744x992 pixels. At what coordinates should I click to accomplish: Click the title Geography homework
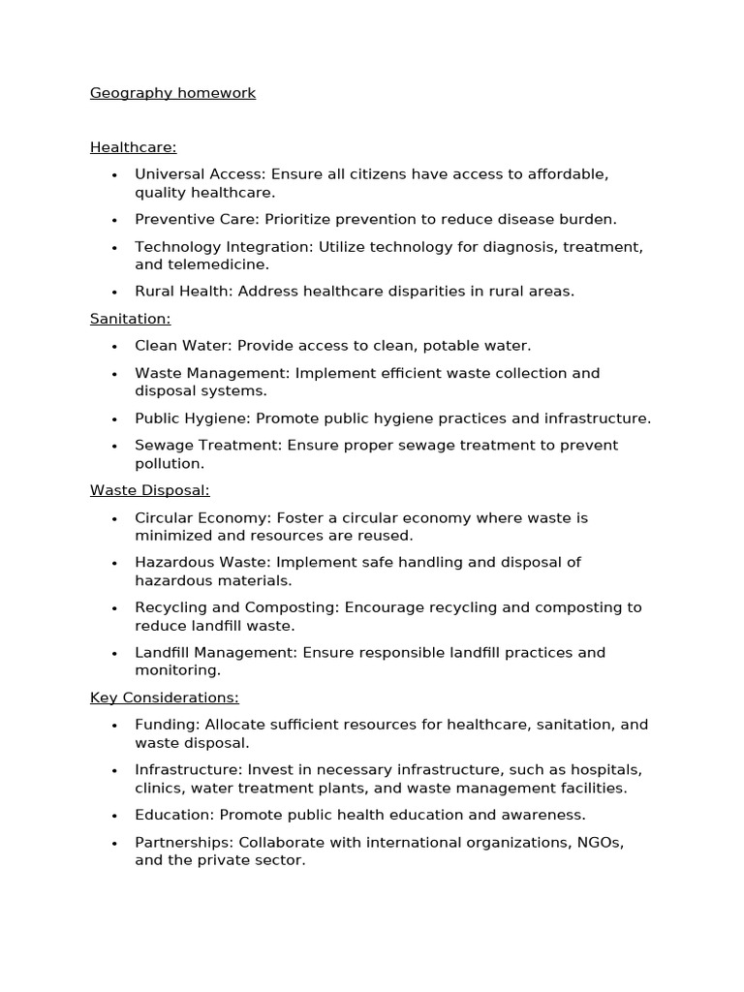point(172,93)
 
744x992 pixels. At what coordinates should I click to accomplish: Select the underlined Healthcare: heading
point(133,147)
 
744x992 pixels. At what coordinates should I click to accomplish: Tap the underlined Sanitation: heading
point(130,319)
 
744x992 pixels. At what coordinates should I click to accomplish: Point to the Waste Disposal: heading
point(149,490)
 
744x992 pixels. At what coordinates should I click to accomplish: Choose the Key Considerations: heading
point(164,697)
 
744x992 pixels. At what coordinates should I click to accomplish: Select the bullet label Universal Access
point(199,174)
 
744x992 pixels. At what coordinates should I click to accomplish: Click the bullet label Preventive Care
point(196,220)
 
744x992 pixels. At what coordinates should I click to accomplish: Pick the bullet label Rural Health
point(182,292)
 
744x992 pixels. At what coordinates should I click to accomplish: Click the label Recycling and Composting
point(247,607)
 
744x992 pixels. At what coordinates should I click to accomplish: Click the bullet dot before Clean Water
point(114,347)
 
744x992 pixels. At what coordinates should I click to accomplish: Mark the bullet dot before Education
point(114,816)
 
